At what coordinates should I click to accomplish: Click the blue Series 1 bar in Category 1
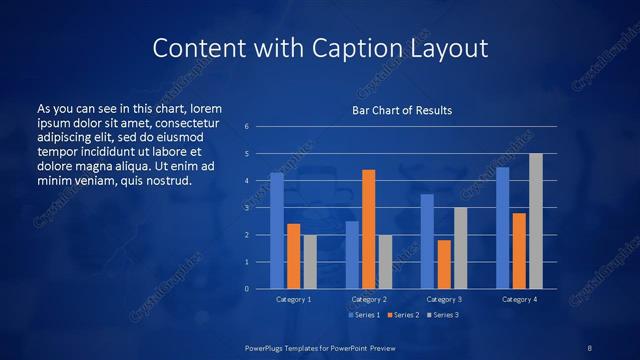point(277,231)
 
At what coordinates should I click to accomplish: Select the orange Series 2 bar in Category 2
point(369,229)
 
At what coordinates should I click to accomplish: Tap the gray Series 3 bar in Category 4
point(536,221)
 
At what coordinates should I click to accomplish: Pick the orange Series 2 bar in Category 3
point(444,264)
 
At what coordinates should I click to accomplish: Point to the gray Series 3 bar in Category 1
point(310,262)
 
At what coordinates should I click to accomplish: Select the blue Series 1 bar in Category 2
point(352,255)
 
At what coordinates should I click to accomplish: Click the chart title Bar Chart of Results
point(402,110)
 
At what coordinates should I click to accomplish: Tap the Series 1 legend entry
point(364,315)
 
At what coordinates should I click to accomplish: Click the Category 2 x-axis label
point(369,299)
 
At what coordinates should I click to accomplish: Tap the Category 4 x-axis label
point(519,299)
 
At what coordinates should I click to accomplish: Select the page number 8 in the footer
point(590,347)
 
